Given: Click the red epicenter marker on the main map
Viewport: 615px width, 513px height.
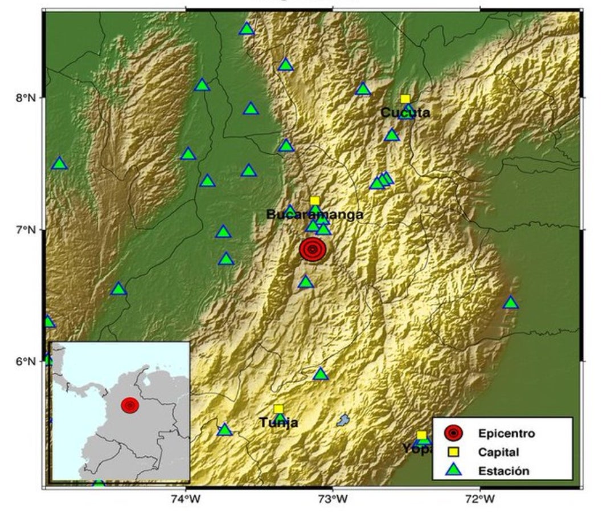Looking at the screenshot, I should (x=313, y=250).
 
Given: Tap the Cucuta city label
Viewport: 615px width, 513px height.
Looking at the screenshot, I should (x=405, y=113).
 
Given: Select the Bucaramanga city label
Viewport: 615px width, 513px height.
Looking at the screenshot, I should (x=314, y=215).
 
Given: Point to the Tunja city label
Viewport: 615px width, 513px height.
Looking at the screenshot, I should (x=278, y=422).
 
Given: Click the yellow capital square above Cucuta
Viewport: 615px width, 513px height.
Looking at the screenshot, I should (x=405, y=99).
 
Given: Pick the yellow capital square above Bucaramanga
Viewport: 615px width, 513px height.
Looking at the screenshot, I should (x=314, y=201).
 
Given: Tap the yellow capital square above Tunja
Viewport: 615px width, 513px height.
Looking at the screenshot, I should (x=278, y=409).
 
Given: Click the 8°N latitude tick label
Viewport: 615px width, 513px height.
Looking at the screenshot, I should (x=26, y=97).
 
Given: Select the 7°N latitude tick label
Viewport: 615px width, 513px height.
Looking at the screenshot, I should (x=26, y=230).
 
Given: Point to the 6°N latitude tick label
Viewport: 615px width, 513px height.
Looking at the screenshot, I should (x=26, y=361).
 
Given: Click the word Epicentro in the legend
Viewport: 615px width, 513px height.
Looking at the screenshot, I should (x=507, y=433).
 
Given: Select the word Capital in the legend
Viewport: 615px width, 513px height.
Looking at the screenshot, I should (x=498, y=453).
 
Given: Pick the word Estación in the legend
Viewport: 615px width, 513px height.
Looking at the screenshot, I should (x=503, y=471).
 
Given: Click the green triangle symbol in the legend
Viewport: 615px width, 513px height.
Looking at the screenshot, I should (x=454, y=470).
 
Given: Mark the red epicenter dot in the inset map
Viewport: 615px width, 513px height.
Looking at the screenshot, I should (x=130, y=405).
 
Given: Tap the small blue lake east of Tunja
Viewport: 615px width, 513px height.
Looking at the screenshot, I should (x=342, y=421).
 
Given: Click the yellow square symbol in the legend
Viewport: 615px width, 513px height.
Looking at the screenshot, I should (x=454, y=453).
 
